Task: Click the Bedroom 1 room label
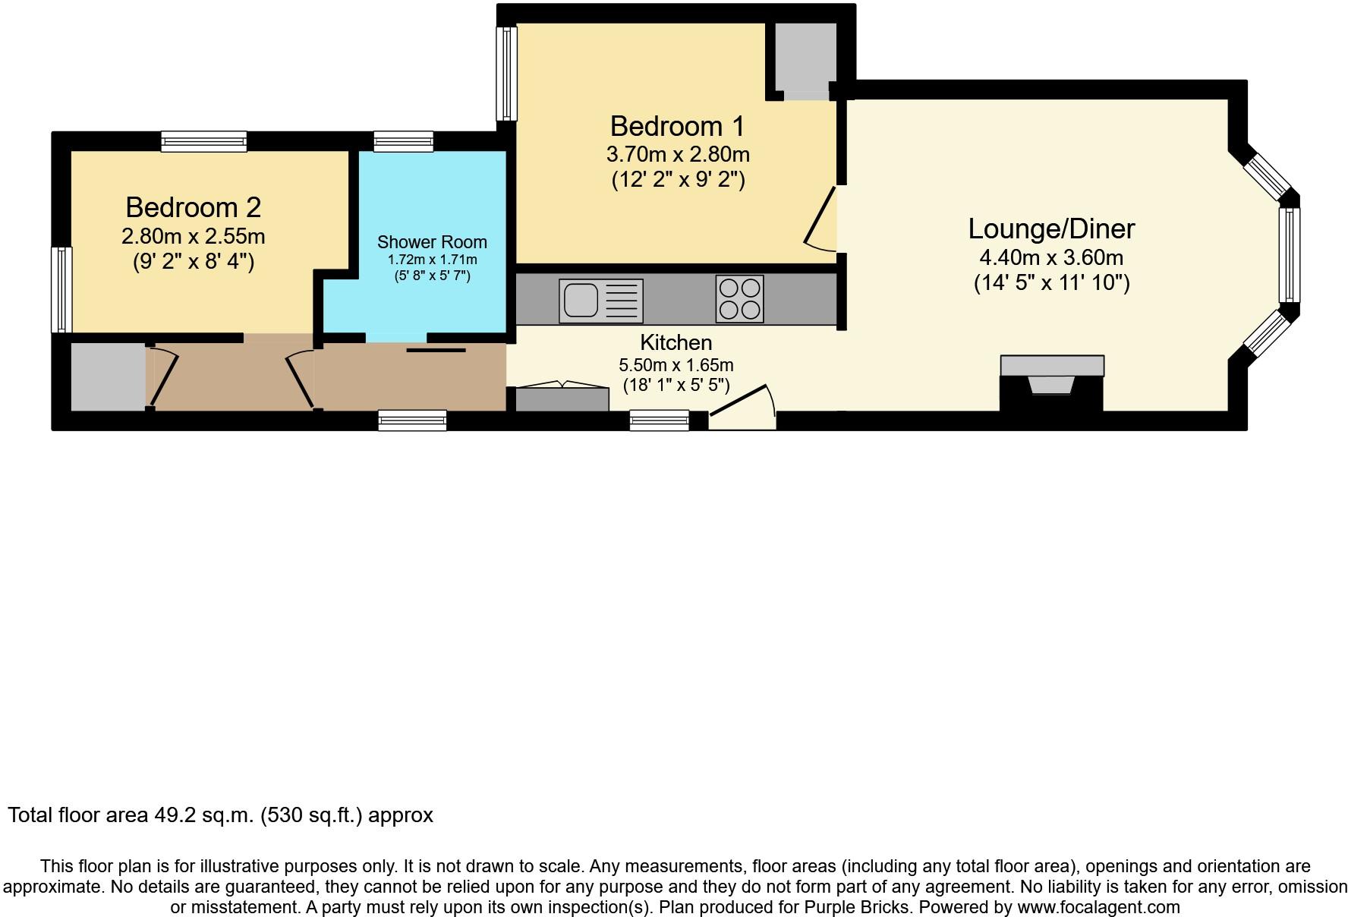point(677,126)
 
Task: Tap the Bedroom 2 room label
point(194,207)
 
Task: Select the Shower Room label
point(432,242)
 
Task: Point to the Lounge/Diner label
point(1051,228)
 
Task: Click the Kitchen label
point(676,342)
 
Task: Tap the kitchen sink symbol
point(601,300)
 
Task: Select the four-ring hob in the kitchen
point(739,299)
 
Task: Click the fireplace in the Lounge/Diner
point(1051,383)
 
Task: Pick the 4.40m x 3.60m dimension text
point(1051,257)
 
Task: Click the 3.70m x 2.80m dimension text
point(678,154)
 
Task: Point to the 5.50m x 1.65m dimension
point(676,365)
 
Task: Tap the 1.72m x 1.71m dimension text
point(432,260)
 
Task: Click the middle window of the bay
point(1289,254)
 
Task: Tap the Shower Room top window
point(403,141)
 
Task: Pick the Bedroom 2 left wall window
point(61,289)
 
